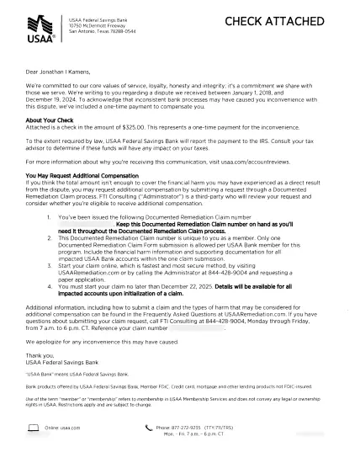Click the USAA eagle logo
(40, 24)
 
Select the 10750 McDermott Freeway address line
(95, 25)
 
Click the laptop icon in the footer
(34, 428)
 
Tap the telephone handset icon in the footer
(149, 428)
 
